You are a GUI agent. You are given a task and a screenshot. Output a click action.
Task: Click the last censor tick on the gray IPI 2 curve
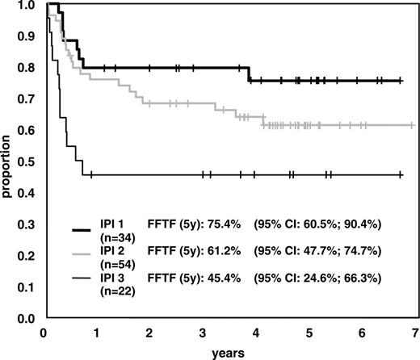(413, 125)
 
